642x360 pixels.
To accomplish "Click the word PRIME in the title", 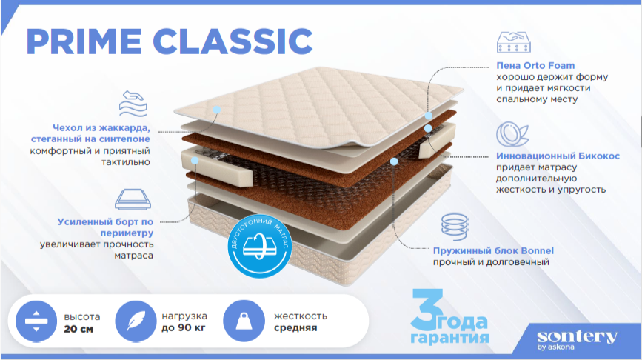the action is click(84, 41).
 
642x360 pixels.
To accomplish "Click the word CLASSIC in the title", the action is click(233, 41).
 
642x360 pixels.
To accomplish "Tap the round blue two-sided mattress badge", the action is click(260, 246).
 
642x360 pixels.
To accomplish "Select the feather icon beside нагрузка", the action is click(136, 321).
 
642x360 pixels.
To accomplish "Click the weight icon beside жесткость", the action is click(244, 321).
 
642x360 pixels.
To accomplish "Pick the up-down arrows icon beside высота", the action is click(36, 321).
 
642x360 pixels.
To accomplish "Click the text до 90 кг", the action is click(184, 328).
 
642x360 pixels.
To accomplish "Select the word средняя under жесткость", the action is click(295, 328).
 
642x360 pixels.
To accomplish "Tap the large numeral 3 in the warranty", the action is click(427, 310).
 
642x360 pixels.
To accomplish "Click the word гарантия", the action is click(450, 338).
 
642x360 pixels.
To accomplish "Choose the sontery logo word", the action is click(577, 336).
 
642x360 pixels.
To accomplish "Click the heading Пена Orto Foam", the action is click(535, 65).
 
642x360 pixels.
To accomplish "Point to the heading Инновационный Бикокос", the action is click(558, 156).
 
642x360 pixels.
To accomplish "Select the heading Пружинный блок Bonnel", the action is click(493, 250).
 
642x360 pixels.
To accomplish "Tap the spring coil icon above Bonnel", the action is click(455, 227).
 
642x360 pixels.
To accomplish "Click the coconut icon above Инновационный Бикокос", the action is click(512, 134).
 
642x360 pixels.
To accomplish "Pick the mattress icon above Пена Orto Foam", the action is click(513, 42).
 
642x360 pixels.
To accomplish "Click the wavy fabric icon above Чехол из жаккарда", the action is click(133, 104).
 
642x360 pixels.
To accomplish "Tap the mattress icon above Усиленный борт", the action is click(133, 199).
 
